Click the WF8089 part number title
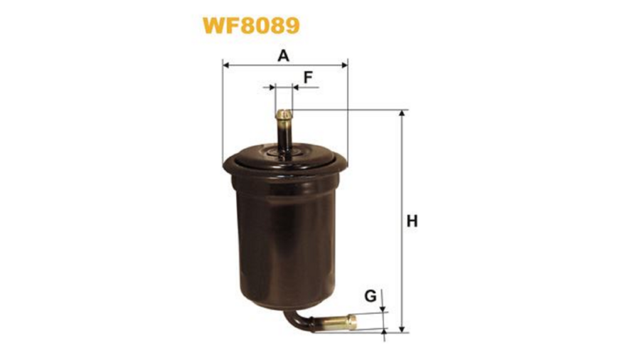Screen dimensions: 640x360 pyautogui.click(x=252, y=26)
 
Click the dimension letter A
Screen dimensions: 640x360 pyautogui.click(x=283, y=55)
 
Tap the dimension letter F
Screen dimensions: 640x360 pyautogui.click(x=308, y=77)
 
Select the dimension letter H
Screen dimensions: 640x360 pyautogui.click(x=412, y=221)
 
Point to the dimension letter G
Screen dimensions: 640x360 pyautogui.click(x=370, y=295)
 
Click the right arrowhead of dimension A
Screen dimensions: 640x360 pyautogui.click(x=343, y=65)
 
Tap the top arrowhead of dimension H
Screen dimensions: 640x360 pyautogui.click(x=402, y=114)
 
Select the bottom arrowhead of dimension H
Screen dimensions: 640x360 pyautogui.click(x=402, y=329)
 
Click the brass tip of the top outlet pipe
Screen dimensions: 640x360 pyautogui.click(x=284, y=115)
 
